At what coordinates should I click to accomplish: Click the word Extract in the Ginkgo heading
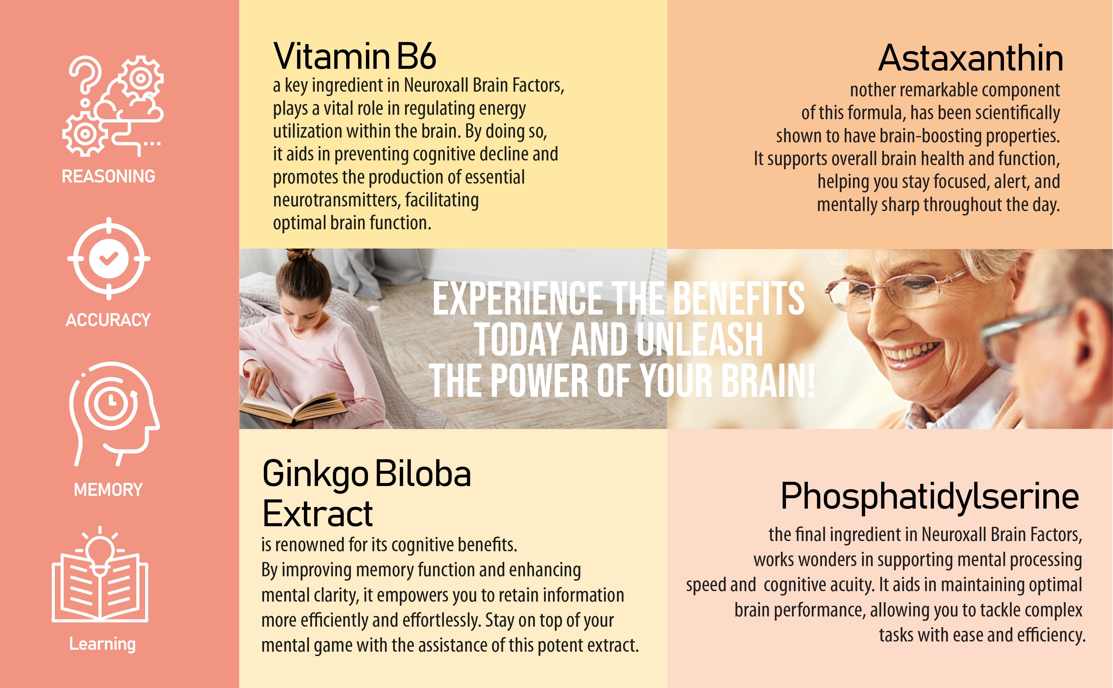click(x=318, y=513)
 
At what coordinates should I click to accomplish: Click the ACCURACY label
click(x=108, y=320)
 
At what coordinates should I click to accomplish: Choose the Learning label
click(x=102, y=644)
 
